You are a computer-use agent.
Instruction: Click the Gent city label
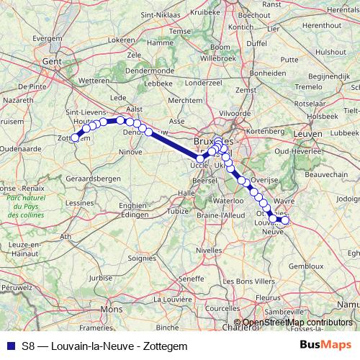51,62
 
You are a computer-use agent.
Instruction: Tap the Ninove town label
131,152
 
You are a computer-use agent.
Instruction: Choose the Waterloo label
229,200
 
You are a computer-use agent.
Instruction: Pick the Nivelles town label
209,250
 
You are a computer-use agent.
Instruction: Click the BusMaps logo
324,346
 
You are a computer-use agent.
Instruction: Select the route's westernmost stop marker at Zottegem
74,138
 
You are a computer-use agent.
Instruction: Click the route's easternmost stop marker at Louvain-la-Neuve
284,220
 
